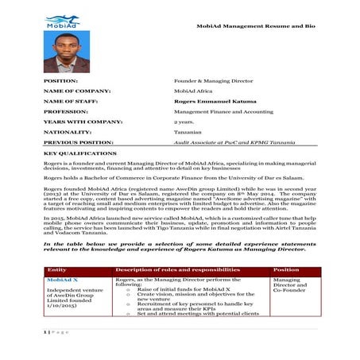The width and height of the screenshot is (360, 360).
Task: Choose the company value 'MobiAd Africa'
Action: (x=192, y=91)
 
